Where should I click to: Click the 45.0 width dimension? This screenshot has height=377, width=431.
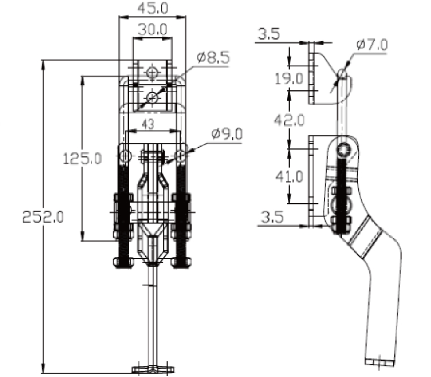coord(153,8)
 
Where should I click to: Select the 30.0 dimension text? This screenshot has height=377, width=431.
coord(153,29)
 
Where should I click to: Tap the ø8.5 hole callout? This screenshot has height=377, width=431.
coord(214,58)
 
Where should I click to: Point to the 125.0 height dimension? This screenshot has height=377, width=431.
coord(82,159)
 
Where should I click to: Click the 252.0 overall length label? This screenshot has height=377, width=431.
coord(43,217)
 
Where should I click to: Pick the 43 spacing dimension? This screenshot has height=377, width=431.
coord(148,124)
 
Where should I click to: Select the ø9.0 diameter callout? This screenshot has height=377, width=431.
coord(227,134)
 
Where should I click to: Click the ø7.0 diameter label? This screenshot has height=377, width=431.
coord(372,45)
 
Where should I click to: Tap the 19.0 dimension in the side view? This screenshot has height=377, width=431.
coord(289,78)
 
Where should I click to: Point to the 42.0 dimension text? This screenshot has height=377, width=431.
coord(289,120)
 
